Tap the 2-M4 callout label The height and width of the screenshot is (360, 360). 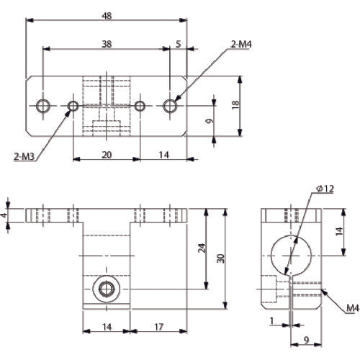[x=240, y=44]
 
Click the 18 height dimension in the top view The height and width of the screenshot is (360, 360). [x=235, y=104]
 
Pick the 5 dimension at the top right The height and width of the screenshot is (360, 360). [x=178, y=44]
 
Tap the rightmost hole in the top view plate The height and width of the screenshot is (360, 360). [x=171, y=107]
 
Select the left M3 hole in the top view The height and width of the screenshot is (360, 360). [x=73, y=107]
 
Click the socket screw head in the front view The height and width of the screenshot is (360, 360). [x=107, y=290]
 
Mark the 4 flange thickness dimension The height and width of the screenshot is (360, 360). [x=4, y=215]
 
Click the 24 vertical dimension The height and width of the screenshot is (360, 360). [x=202, y=249]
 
